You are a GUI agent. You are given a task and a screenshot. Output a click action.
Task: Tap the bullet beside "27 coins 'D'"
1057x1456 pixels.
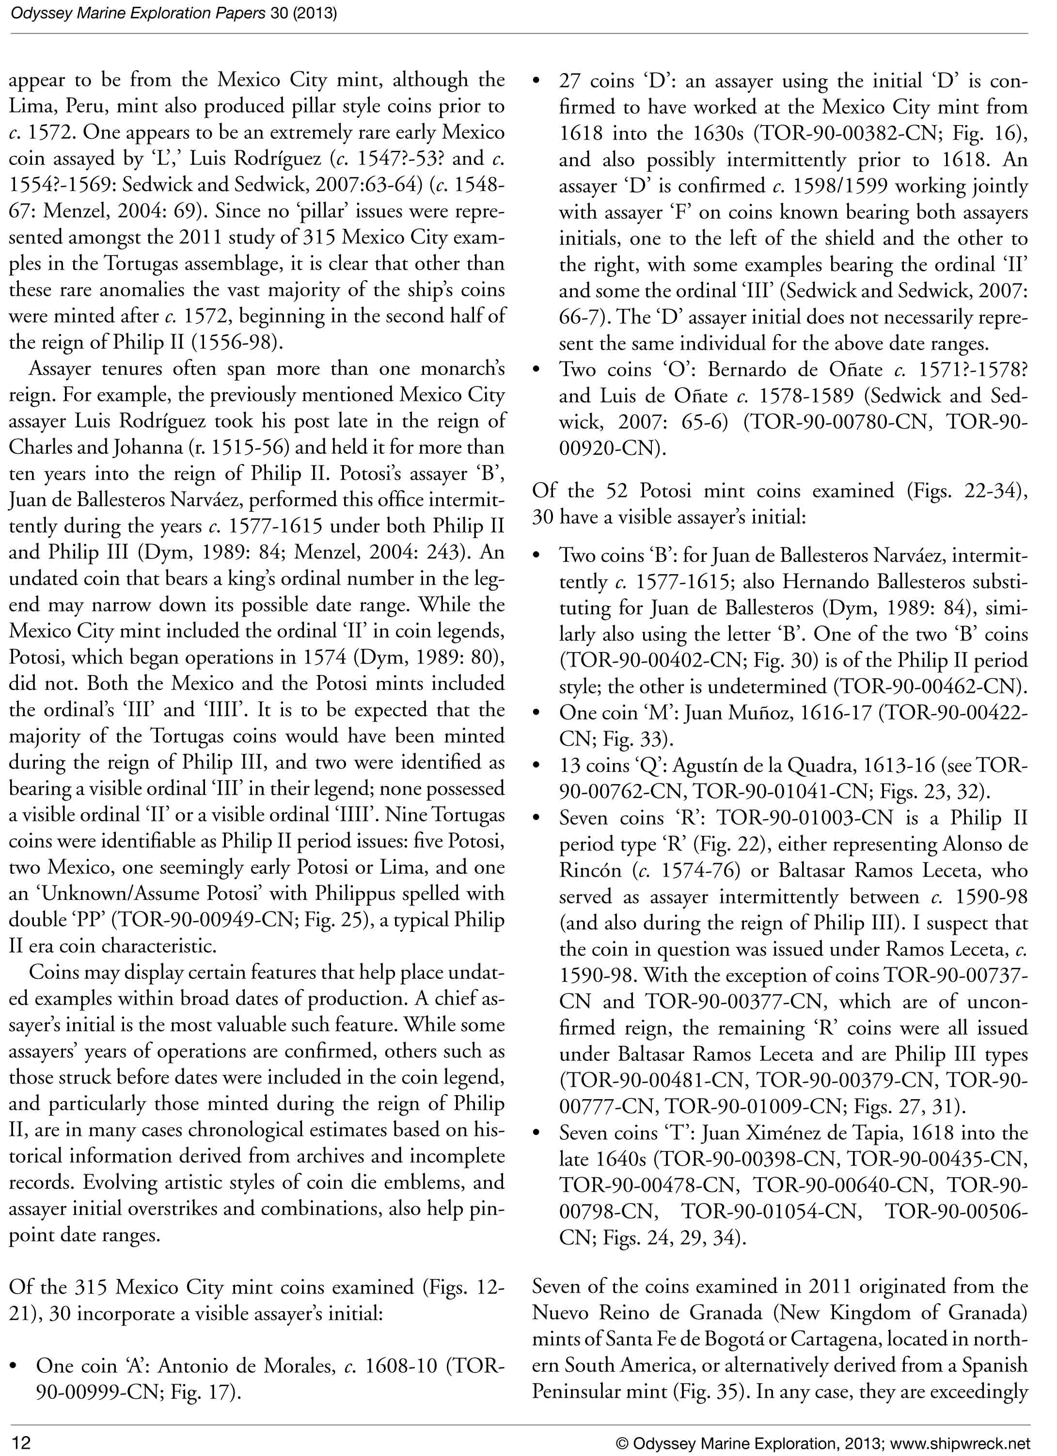point(537,81)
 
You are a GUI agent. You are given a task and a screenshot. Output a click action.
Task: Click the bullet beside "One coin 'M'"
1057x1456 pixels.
point(537,713)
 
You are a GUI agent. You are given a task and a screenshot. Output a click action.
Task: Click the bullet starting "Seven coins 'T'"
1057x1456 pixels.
point(537,1133)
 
